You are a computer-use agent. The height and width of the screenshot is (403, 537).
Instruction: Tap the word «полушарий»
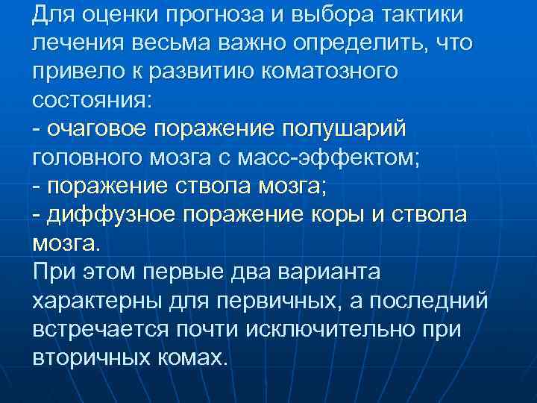[x=342, y=128]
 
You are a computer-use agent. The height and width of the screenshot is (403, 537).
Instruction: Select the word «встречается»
[x=96, y=328]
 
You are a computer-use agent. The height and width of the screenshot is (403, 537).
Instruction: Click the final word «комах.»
[x=192, y=356]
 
